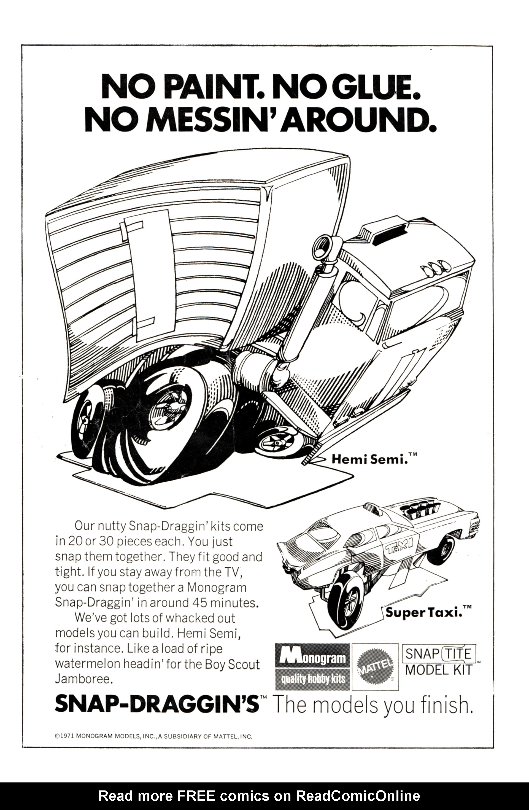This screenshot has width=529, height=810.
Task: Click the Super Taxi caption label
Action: tap(423, 613)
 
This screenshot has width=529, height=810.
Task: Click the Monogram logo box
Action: tap(312, 658)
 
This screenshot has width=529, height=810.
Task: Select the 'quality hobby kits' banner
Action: tap(312, 679)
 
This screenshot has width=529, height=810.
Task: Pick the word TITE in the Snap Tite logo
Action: tap(458, 653)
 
